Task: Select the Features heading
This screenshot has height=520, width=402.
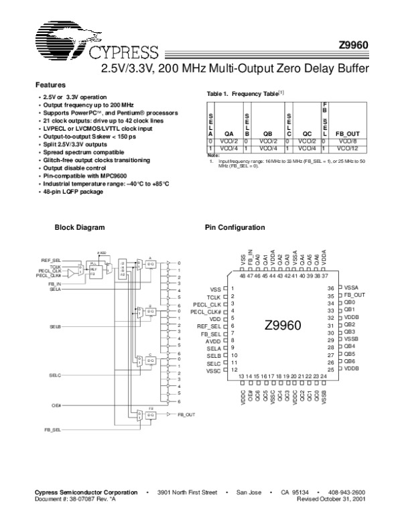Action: coord(50,85)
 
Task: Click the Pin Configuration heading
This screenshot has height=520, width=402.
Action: coord(234,228)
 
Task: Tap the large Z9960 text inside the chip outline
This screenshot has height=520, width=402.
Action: coord(284,324)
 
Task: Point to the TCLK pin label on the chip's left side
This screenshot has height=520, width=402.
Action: coord(214,296)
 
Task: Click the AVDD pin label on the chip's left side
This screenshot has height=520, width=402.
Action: coord(213,340)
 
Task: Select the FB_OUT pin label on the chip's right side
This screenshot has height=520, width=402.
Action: coord(355,295)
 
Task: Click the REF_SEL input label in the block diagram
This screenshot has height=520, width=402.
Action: coord(51,259)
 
